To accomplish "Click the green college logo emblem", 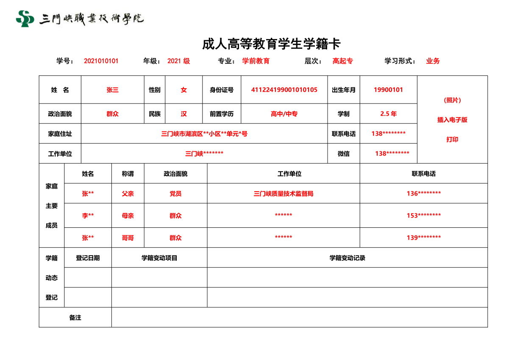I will coord(25,19).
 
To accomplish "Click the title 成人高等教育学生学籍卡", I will coord(271,44).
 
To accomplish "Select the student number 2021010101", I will coord(101,61).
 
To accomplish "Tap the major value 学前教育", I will coord(256,61).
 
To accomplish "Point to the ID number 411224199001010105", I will coord(284,90).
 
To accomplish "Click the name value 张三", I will coord(112,90).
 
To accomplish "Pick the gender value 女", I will coord(183,90).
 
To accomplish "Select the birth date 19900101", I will coord(388,90).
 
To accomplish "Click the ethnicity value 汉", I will coord(183,114).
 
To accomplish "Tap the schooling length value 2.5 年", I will coord(388,114).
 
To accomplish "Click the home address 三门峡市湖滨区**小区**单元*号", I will coord(204,134).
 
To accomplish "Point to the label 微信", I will coord(344,154).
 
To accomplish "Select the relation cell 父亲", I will coord(128,194).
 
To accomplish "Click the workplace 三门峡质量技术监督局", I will coord(283,194).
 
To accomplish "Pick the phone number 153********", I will coord(423,215).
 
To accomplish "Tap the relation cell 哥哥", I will coord(128,238).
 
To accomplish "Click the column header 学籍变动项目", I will coord(159,258).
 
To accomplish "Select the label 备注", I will coord(75,318).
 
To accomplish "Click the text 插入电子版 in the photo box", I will coord(452,120).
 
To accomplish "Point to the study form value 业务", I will coord(433,61).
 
